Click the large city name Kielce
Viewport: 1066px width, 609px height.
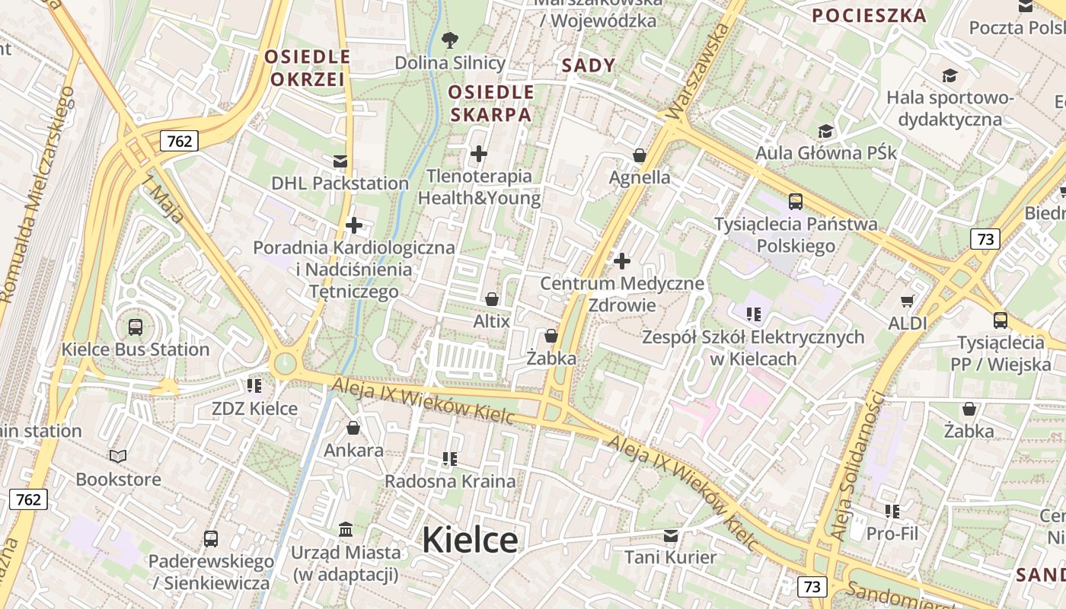click(470, 540)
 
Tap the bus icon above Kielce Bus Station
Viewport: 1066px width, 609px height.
click(135, 327)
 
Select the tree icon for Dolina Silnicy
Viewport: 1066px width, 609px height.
click(450, 40)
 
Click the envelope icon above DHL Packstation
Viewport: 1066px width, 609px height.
click(340, 161)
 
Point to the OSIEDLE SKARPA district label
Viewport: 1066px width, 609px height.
click(491, 104)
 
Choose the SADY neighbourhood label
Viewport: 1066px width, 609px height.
click(588, 65)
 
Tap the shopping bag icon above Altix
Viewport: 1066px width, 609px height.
click(492, 299)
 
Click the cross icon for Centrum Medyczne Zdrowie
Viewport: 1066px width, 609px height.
click(622, 262)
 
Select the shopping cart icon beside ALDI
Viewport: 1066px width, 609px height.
click(907, 301)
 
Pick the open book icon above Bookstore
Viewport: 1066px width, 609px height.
click(118, 457)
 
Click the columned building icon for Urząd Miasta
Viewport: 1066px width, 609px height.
click(346, 529)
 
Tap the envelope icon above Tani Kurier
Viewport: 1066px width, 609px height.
click(670, 535)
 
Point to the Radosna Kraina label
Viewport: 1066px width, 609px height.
click(450, 481)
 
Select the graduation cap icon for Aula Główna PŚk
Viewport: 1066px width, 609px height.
click(825, 132)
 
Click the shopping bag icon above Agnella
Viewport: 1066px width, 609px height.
click(640, 155)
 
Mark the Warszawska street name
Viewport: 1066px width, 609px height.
click(695, 72)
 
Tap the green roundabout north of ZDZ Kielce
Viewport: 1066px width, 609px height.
click(285, 364)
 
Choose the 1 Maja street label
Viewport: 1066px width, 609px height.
click(164, 199)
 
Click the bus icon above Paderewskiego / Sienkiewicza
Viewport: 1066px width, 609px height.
click(211, 539)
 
